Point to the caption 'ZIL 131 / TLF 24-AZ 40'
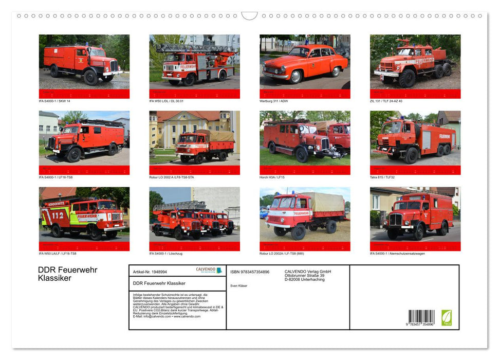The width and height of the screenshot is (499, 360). tap(386, 101)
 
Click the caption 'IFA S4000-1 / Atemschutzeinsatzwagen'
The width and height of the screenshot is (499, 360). tap(398, 254)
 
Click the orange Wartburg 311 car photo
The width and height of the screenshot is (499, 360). tap(305, 63)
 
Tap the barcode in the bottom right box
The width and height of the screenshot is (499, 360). tap(421, 317)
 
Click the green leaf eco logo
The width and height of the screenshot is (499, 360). tap(447, 317)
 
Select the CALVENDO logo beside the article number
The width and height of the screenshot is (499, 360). tap(209, 270)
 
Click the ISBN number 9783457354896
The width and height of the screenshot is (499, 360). tap(250, 272)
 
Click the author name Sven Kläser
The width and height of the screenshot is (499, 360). tap(238, 285)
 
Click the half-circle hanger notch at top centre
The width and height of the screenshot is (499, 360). tap(250, 16)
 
